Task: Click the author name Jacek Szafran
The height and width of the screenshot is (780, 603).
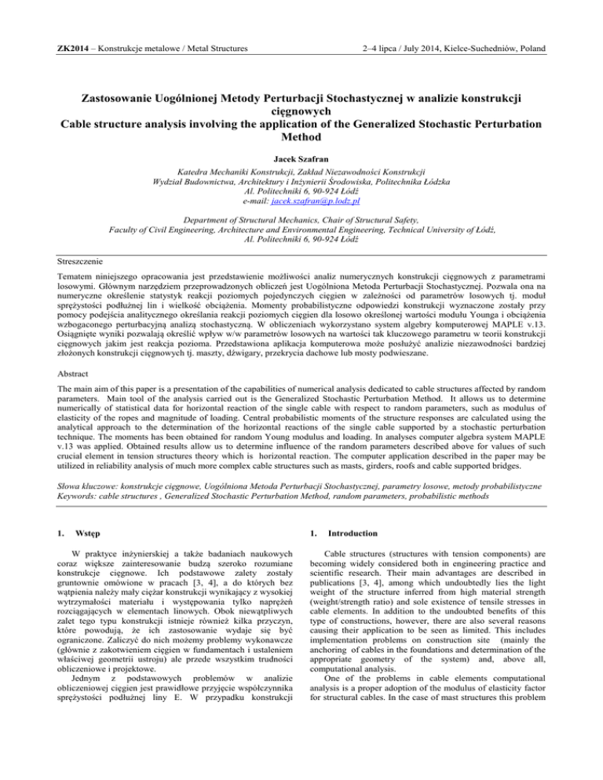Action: click(301, 161)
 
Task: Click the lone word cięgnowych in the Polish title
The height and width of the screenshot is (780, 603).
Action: click(301, 98)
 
